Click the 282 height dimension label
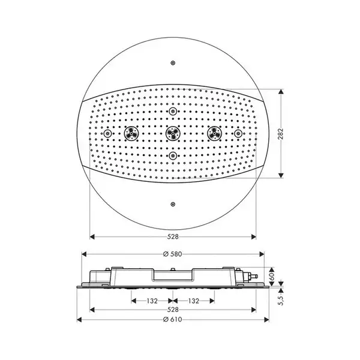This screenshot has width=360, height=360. click(281, 134)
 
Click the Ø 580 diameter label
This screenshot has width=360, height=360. click(173, 254)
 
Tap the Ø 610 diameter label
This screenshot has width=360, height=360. click(173, 319)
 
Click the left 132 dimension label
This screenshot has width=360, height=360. click(152, 301)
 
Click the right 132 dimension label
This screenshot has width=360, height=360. click(194, 301)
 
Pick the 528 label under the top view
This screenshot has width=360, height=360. click(173, 237)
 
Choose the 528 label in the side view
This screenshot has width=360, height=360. click(173, 310)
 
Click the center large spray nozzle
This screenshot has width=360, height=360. click(173, 133)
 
